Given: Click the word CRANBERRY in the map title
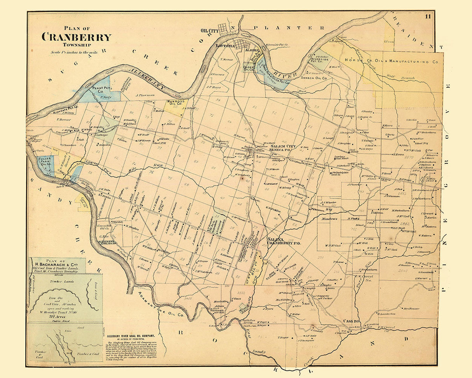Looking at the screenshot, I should point(76,37).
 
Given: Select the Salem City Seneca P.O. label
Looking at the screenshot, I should point(283,148).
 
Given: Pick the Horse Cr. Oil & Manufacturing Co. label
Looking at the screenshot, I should point(392,62).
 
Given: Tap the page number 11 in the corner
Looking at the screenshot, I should point(428,16).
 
